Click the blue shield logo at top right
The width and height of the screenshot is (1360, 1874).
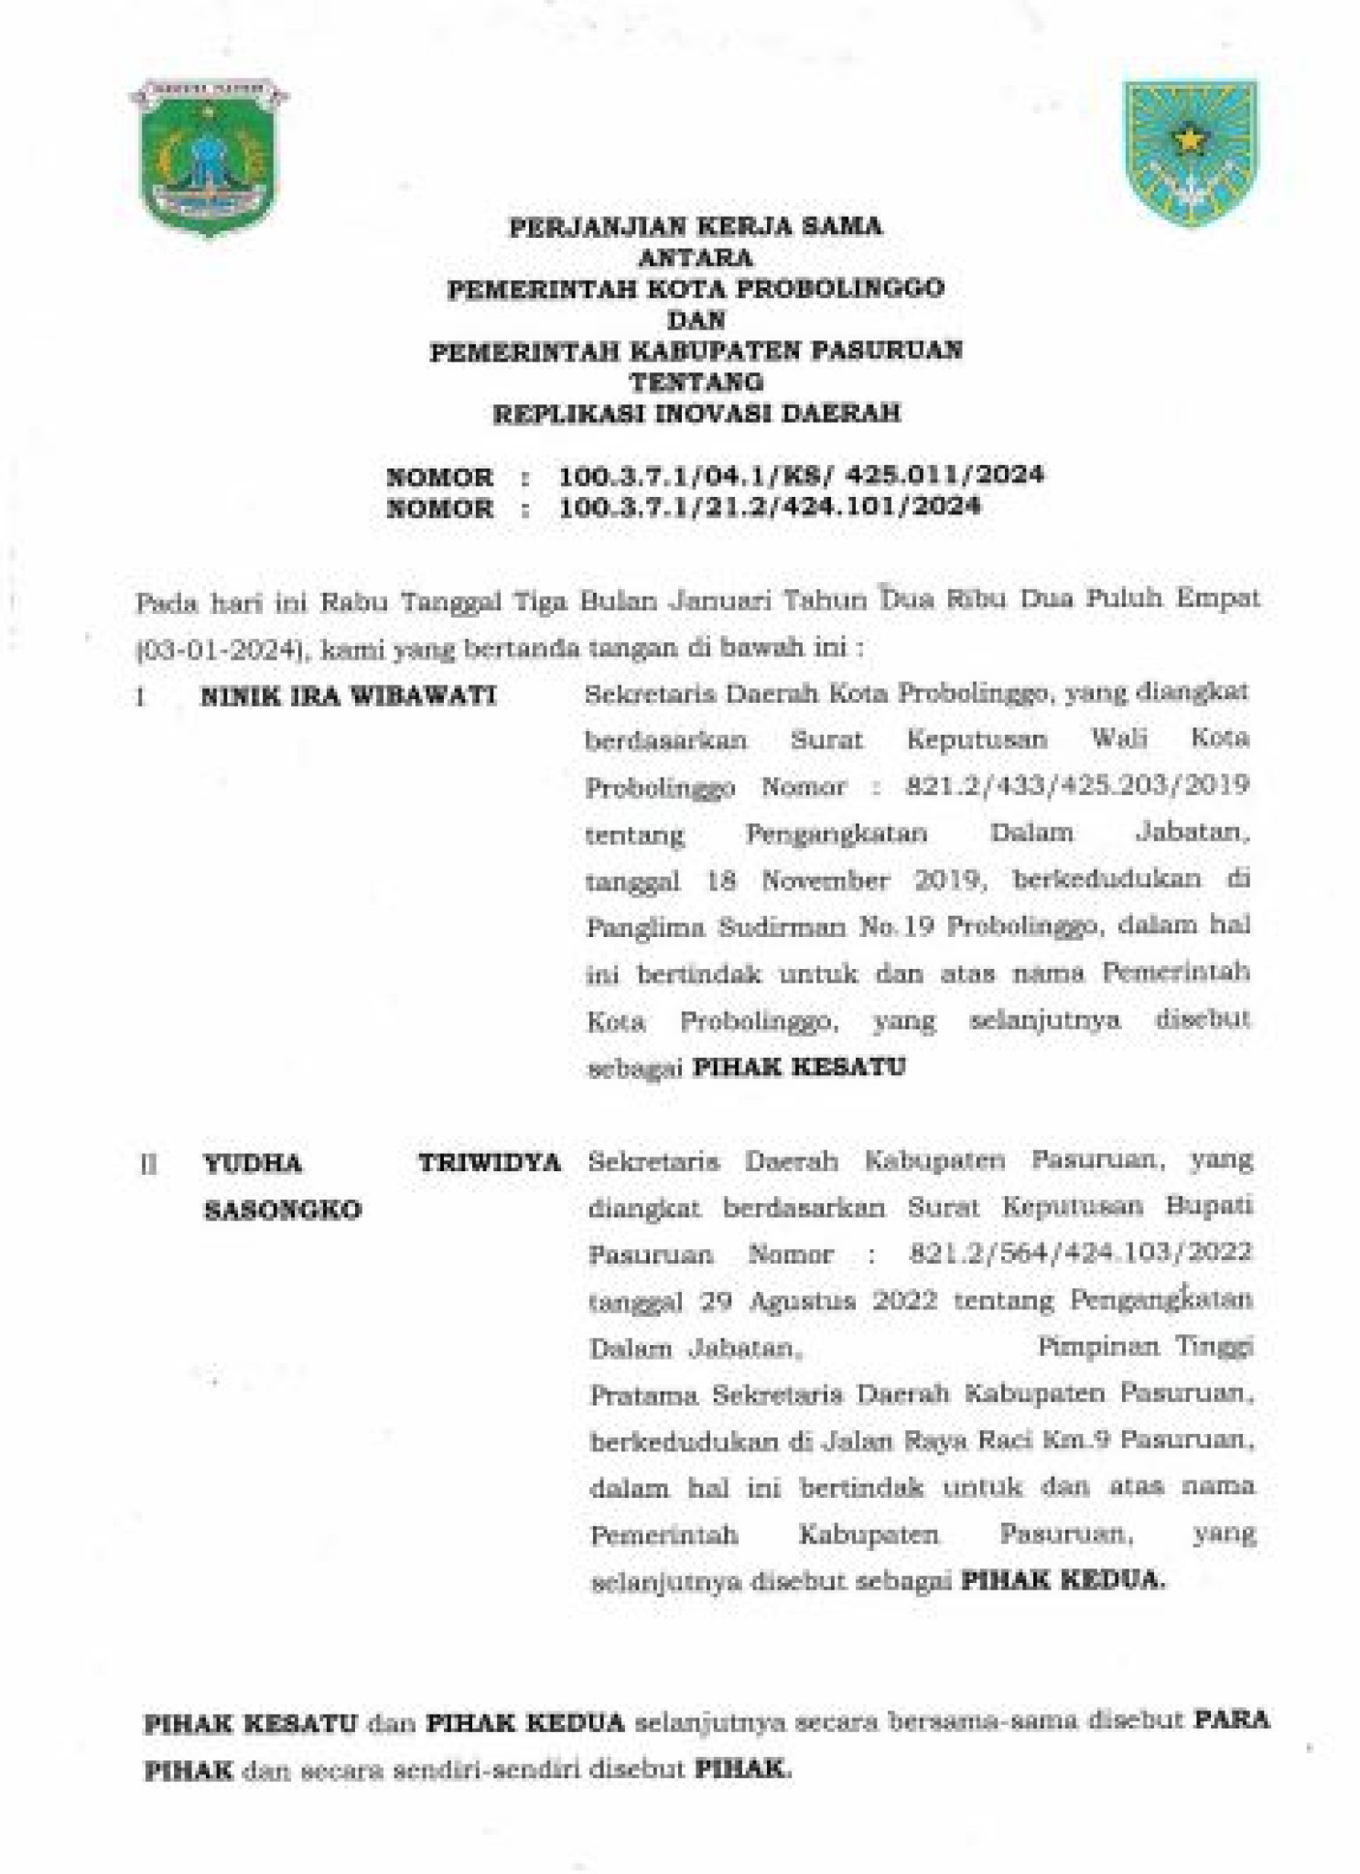tap(1191, 155)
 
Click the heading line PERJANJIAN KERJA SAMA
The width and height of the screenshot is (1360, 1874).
tap(696, 227)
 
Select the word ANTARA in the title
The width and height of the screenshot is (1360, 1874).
tap(696, 258)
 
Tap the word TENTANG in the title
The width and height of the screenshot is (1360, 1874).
tap(696, 381)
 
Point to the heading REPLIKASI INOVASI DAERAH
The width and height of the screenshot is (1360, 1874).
tap(696, 413)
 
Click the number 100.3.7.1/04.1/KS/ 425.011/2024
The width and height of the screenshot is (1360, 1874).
tap(802, 475)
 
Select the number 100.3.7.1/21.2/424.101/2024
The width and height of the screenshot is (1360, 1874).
tap(770, 506)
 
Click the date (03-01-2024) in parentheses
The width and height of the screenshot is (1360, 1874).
tap(220, 650)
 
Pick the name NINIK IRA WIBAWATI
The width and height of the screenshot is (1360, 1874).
tap(349, 696)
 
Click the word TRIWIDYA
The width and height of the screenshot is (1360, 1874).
tap(490, 1163)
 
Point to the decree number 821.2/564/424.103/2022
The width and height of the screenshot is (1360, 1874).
tap(1081, 1253)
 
